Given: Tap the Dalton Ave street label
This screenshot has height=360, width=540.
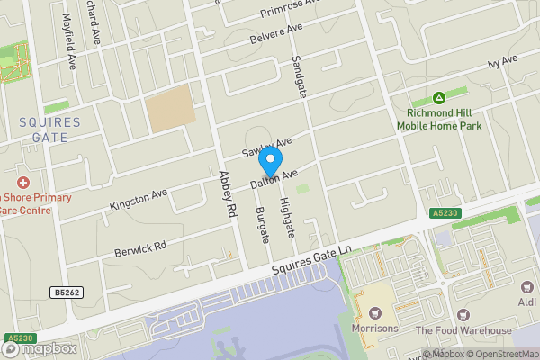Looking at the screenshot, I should tap(274, 179).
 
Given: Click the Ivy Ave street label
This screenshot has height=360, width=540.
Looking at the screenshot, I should tap(503, 60).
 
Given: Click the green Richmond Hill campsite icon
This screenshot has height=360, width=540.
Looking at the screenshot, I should tap(439, 97).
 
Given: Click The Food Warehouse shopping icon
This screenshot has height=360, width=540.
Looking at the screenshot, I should tap(463, 315).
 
